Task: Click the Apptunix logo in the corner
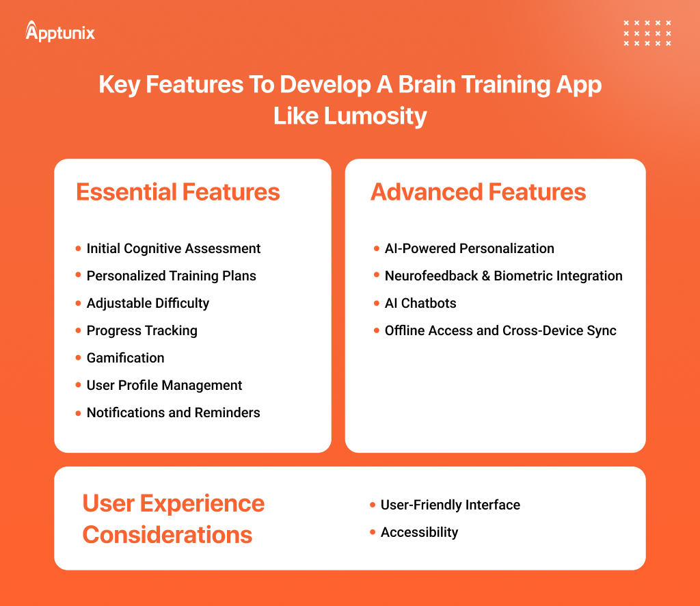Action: click(60, 31)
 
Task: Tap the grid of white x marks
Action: click(647, 33)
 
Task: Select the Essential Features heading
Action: click(178, 192)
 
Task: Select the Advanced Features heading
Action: click(478, 192)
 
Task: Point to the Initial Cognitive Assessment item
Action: click(173, 248)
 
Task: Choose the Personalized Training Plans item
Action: click(171, 276)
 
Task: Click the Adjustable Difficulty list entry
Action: click(148, 303)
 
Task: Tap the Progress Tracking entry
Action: click(142, 330)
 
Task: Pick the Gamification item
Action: click(125, 358)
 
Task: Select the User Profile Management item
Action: click(164, 385)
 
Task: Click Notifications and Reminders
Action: click(173, 412)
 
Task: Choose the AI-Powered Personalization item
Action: click(469, 248)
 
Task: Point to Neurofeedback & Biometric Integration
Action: click(503, 276)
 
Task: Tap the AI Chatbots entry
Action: click(420, 303)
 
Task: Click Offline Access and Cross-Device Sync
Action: click(500, 330)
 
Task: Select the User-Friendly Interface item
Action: click(450, 505)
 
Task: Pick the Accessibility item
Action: click(419, 532)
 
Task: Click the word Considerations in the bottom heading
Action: click(167, 534)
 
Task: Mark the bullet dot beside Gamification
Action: click(78, 358)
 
